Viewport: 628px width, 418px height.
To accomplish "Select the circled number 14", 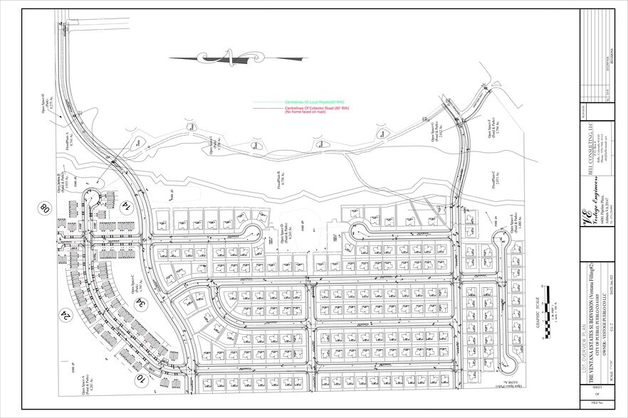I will (129, 206).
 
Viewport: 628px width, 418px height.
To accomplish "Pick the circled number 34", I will (143, 305).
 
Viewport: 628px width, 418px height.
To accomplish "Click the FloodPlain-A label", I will (66, 138).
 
